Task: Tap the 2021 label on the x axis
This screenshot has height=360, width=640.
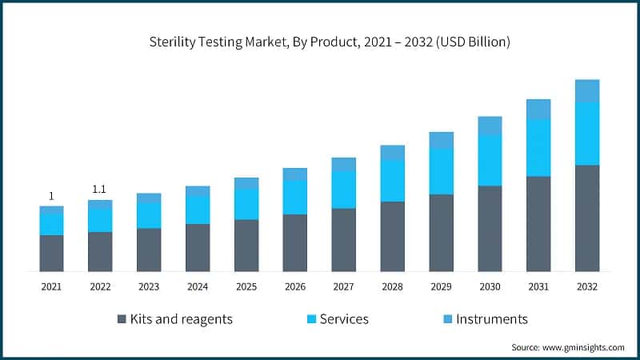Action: coord(51,286)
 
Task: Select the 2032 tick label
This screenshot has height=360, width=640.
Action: coord(587,286)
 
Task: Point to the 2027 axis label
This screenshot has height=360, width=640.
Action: coord(344,286)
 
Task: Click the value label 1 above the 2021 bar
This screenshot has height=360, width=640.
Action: coord(51,196)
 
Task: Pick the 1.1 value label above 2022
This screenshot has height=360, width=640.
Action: coord(100,190)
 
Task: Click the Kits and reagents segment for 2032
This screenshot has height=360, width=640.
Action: coord(587,218)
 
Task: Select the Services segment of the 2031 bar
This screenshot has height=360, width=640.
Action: coord(538,147)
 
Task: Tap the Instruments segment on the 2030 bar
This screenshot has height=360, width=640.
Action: coord(490,125)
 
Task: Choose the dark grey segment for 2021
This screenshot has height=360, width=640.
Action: coord(51,253)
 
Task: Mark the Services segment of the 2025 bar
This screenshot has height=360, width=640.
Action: coord(246,204)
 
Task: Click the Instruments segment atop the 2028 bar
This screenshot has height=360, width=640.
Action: coord(393,152)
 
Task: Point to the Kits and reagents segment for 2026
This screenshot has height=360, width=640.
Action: coord(295,242)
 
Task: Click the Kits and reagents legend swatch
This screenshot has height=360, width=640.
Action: coord(122,318)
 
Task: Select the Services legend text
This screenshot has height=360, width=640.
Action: coord(344,318)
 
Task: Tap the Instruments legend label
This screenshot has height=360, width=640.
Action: coord(491,318)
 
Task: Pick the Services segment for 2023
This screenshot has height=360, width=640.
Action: coord(149,215)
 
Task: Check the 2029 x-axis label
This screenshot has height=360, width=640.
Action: coord(441,286)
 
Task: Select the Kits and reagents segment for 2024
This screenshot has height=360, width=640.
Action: coord(198,247)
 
